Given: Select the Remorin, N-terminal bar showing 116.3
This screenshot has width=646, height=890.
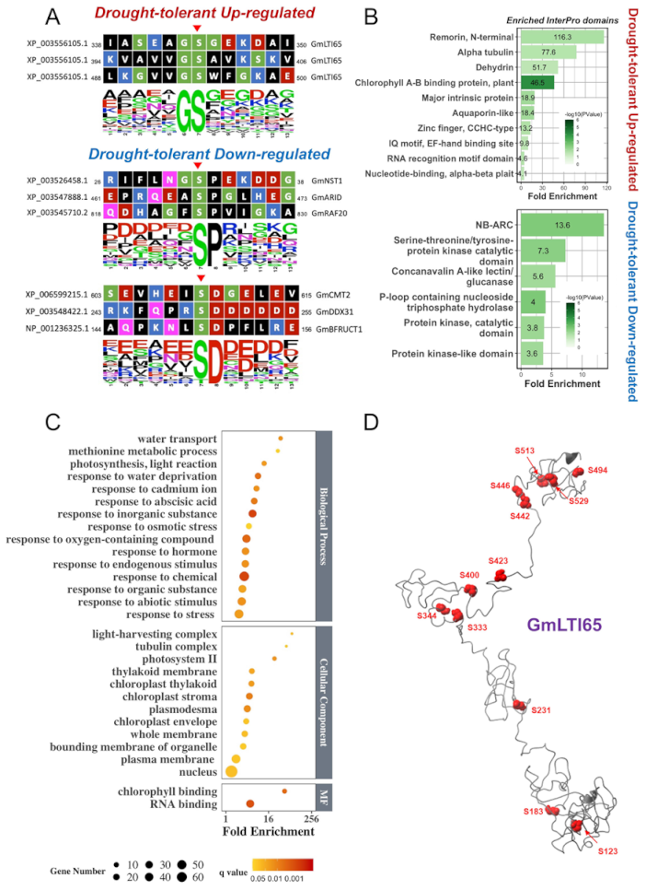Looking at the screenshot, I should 562,37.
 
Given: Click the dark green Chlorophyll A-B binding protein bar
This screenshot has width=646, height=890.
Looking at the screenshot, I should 537,83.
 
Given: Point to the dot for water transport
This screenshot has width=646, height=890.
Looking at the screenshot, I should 281,439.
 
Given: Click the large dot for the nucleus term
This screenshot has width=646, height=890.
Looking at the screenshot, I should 234,771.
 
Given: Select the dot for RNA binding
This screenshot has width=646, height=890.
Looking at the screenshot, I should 249,804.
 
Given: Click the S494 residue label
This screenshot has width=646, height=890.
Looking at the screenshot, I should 598,470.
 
